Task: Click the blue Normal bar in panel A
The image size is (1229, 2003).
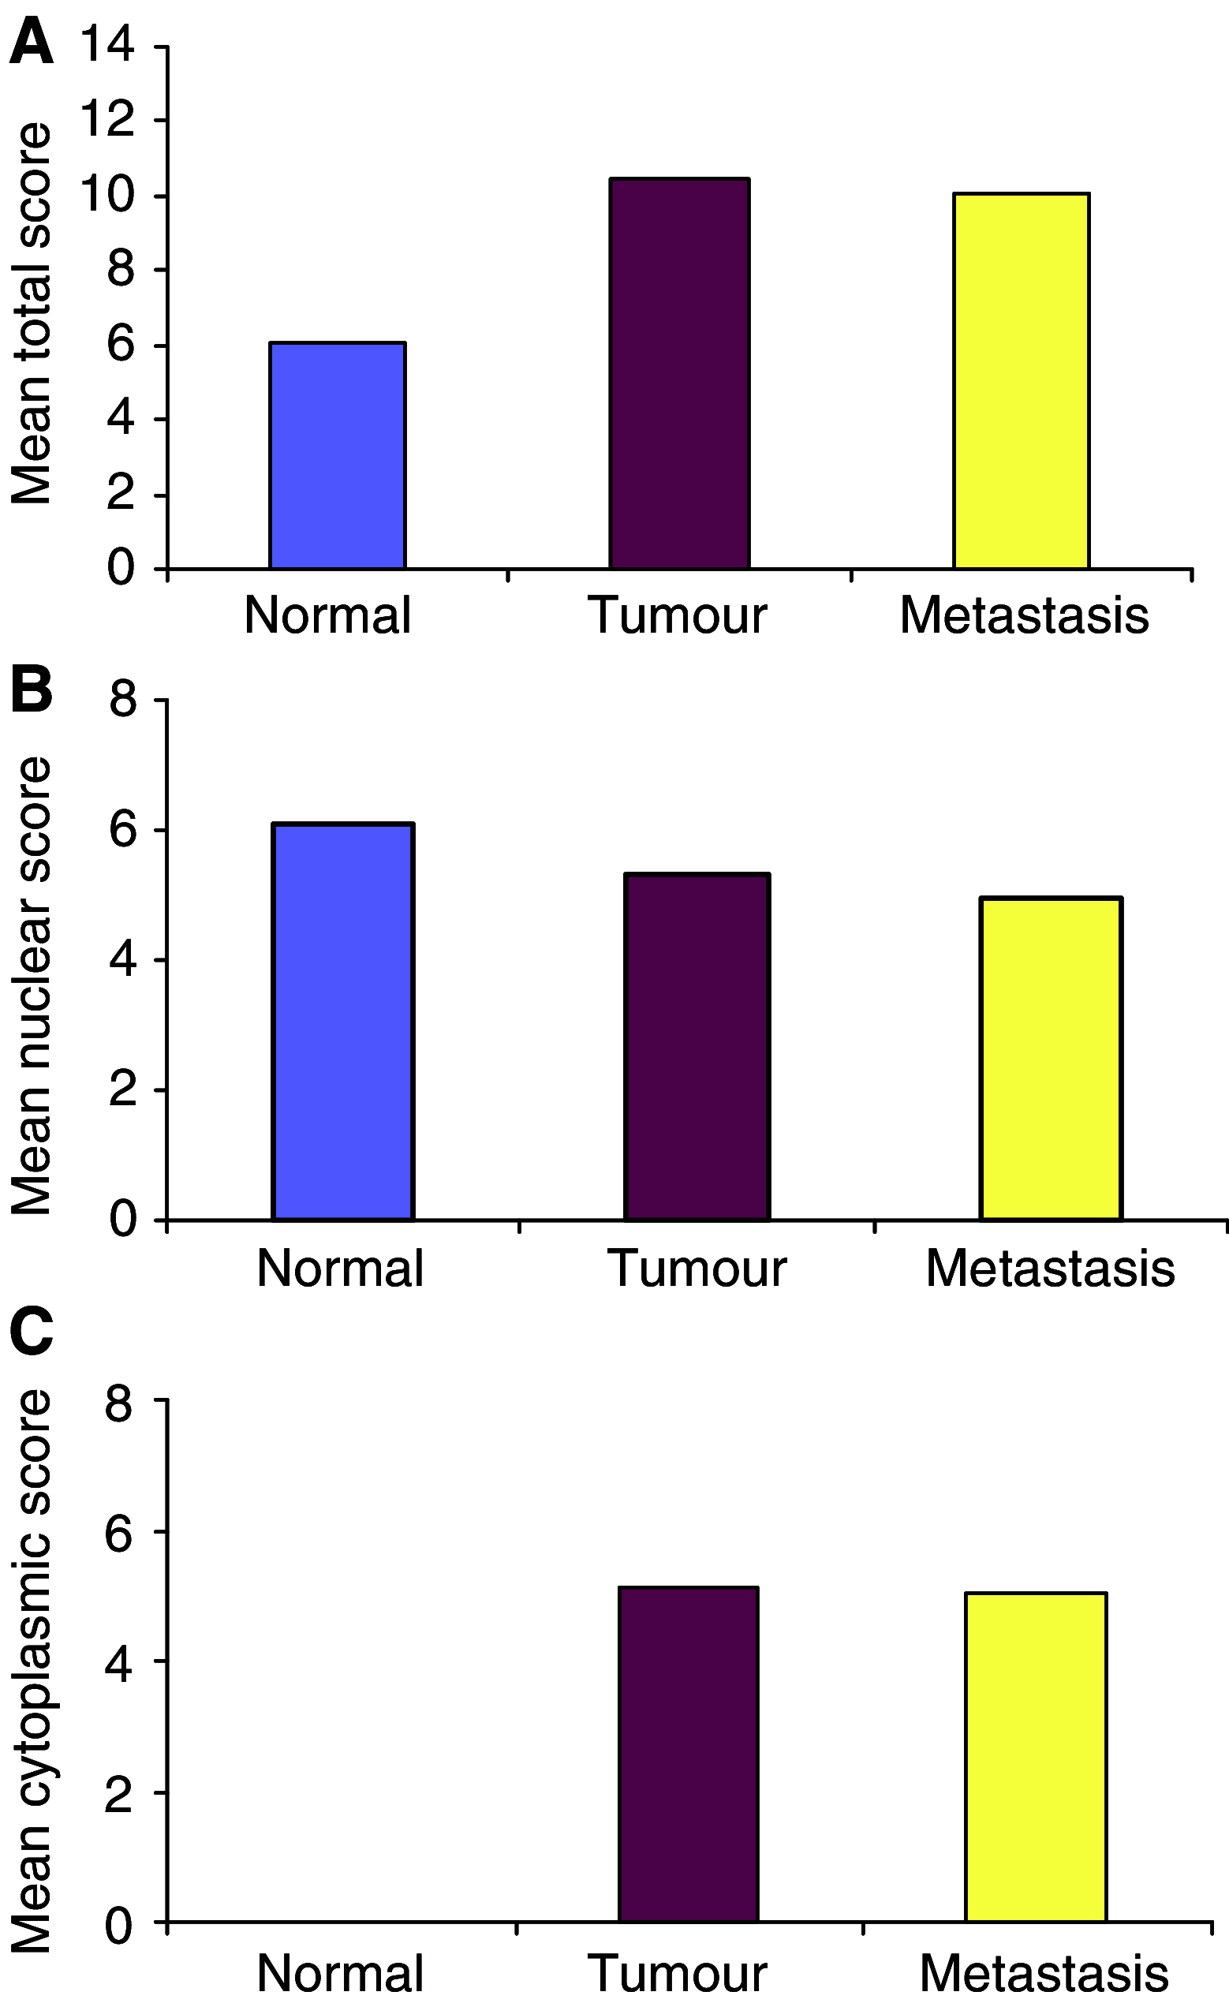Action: (x=338, y=455)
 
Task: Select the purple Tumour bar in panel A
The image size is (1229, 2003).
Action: (x=679, y=374)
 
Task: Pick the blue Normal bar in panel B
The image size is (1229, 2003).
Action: (x=343, y=1022)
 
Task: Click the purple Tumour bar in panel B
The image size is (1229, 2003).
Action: (x=697, y=1047)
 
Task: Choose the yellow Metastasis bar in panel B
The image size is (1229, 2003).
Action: (x=1051, y=1059)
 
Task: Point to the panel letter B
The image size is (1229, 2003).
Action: (x=31, y=689)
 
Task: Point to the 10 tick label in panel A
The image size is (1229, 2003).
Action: (x=106, y=195)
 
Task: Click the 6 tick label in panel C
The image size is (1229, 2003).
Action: (x=121, y=1531)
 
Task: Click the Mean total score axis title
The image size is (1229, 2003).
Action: (x=31, y=313)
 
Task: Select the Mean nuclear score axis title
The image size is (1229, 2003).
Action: (x=31, y=985)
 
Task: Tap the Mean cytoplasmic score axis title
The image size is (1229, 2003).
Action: (x=31, y=1670)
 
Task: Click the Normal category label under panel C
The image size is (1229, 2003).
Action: (x=340, y=1973)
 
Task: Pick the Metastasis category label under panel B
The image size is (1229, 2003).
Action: (x=1050, y=1267)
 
